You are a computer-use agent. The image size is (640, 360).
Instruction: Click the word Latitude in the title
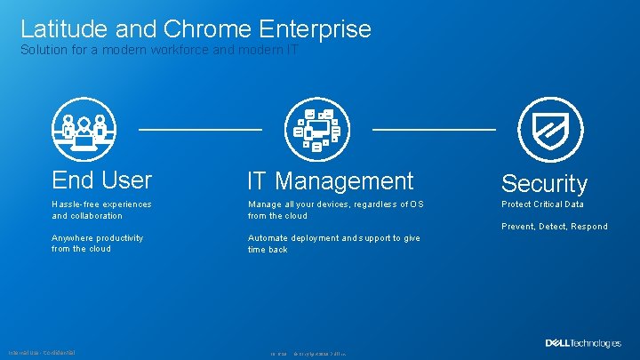(64, 28)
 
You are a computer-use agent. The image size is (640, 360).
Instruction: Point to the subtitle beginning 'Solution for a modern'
(160, 51)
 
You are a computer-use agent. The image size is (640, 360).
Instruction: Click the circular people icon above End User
(84, 129)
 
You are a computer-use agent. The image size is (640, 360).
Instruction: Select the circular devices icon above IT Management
(316, 129)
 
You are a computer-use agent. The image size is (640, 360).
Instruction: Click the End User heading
(101, 180)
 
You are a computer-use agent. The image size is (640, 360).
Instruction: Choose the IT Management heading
(330, 181)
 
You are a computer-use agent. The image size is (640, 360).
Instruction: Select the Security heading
(544, 184)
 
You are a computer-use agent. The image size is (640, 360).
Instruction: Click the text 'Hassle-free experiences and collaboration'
(101, 210)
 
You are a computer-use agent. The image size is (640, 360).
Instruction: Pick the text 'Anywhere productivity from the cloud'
(97, 244)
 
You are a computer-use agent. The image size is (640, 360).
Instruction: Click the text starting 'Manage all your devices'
(335, 210)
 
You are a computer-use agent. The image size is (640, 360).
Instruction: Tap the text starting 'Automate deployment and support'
(333, 244)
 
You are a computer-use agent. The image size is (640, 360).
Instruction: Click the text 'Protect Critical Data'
(542, 204)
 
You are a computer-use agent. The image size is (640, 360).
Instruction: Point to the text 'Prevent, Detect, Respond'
(554, 227)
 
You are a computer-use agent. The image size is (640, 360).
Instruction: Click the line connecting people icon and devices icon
(200, 130)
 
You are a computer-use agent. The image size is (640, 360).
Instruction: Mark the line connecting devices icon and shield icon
(433, 130)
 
